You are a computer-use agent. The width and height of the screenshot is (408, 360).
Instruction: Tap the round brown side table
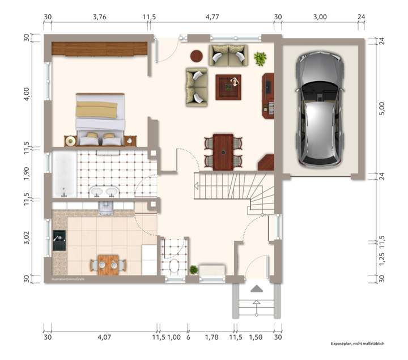[197, 56]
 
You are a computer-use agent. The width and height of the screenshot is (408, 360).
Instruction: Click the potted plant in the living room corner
[260, 58]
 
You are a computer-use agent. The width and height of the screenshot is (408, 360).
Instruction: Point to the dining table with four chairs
[223, 151]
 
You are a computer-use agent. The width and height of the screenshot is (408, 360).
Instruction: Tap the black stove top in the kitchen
[58, 241]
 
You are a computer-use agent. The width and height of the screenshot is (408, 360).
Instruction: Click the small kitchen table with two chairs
[107, 264]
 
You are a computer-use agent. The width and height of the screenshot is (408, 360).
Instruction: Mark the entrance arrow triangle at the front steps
[257, 289]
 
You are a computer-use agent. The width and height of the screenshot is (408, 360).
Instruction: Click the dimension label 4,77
[212, 17]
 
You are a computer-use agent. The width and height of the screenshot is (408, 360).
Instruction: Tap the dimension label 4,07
[104, 337]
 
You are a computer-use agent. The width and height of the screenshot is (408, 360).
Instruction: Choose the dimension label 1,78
[211, 337]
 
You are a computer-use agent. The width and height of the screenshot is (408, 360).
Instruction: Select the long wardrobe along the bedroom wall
[100, 49]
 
